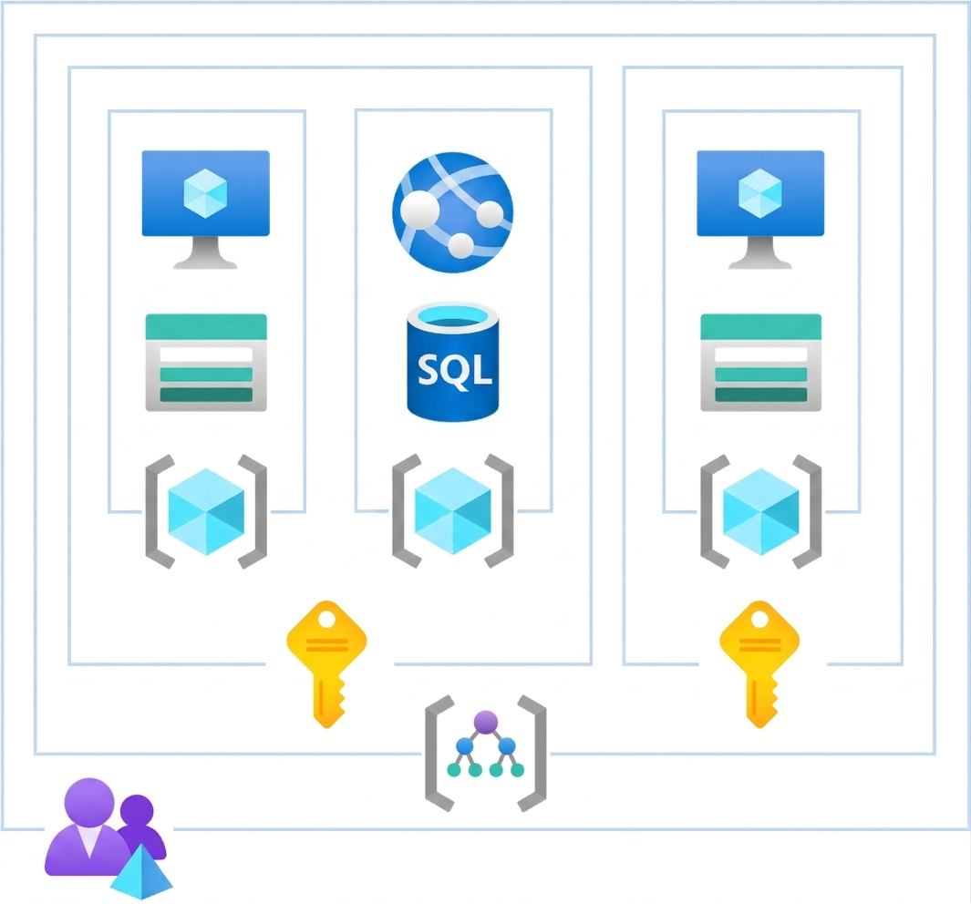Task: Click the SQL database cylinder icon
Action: (453, 362)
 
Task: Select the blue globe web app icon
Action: (453, 212)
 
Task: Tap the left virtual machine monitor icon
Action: (205, 209)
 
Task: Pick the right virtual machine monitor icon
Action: (760, 209)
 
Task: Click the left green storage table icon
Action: (206, 363)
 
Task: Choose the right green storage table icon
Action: (761, 363)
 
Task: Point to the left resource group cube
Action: (206, 512)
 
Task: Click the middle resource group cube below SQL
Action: (453, 511)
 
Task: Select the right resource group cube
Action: (761, 512)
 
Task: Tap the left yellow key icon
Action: (326, 664)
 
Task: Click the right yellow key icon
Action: (759, 664)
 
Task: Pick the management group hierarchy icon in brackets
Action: (485, 754)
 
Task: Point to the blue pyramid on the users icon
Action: (142, 872)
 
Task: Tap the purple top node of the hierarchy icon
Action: (485, 722)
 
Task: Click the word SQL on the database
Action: (455, 370)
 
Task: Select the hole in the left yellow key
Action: (326, 619)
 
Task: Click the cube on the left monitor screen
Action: (205, 193)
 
